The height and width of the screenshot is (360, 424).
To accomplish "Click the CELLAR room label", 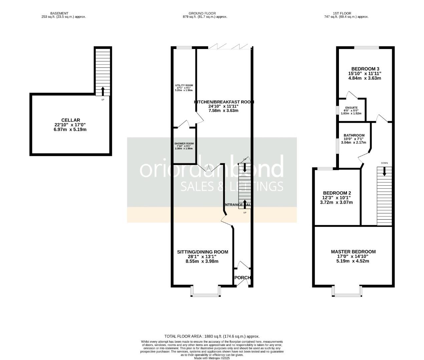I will click(x=71, y=120).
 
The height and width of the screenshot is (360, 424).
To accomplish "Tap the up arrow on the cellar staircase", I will click(x=103, y=91).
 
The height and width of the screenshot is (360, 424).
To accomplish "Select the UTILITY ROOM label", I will click(x=184, y=85).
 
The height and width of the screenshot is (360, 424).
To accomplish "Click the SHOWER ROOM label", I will click(x=184, y=144).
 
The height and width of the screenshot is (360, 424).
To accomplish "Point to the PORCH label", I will click(x=243, y=278).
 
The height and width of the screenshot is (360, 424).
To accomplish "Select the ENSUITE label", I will click(x=351, y=108).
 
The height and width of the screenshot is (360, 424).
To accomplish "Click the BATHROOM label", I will click(x=354, y=135).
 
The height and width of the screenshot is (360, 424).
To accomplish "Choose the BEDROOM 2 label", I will click(x=337, y=193).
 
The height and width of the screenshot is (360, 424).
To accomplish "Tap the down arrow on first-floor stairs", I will click(x=384, y=171).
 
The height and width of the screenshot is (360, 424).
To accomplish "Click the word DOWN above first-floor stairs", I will click(x=384, y=163).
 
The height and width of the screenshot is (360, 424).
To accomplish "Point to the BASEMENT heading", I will click(x=61, y=13).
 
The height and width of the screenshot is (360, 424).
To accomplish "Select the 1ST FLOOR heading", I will click(x=347, y=13).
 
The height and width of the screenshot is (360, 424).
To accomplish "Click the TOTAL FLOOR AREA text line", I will click(x=212, y=336).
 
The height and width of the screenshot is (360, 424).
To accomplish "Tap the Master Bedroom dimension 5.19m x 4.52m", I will click(x=353, y=261).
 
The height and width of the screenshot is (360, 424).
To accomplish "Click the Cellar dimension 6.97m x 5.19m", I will click(x=70, y=129).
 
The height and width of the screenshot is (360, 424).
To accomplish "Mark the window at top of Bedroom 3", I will click(x=366, y=48).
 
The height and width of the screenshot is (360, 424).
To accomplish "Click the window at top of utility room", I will click(x=184, y=48).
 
